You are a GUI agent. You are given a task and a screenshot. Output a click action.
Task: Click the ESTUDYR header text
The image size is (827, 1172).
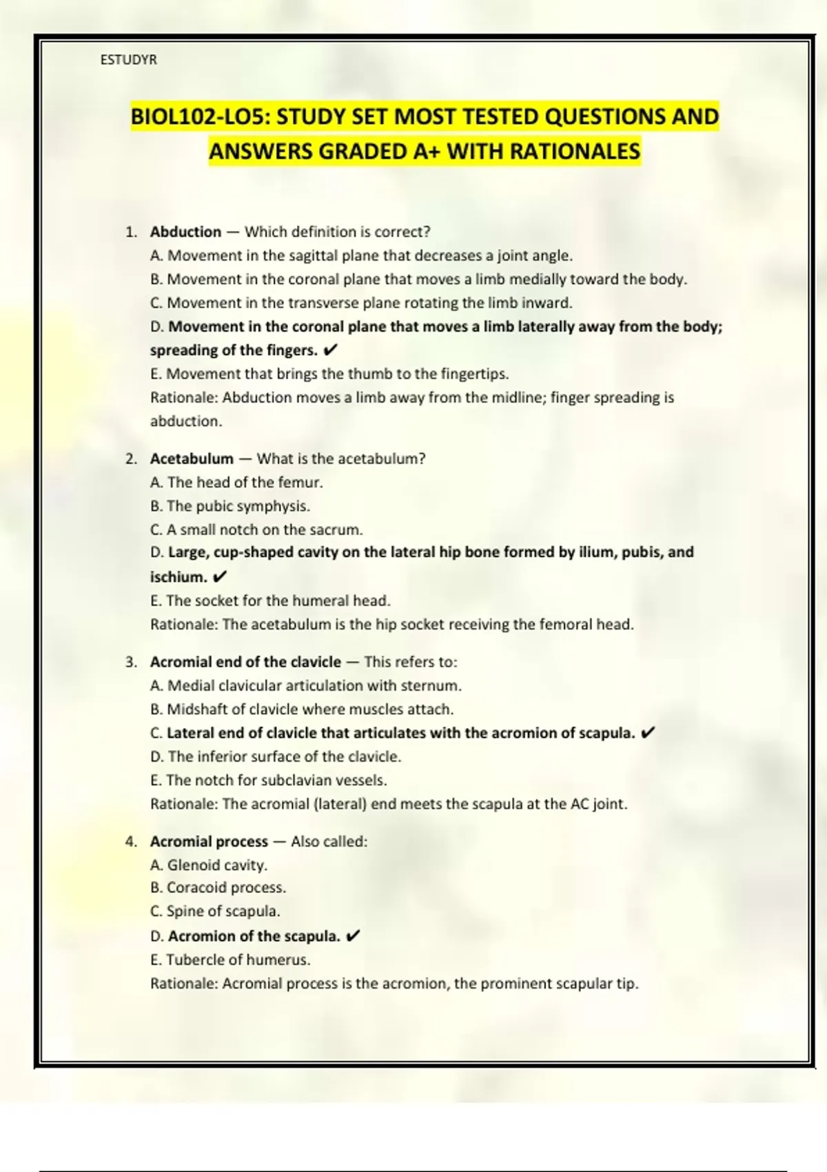click(129, 60)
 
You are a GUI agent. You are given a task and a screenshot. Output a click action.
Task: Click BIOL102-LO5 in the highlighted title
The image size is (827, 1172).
click(200, 117)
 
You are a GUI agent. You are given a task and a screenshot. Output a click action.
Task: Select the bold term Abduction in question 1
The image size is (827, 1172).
click(185, 232)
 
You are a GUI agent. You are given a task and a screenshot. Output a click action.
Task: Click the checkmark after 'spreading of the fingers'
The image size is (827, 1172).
click(330, 351)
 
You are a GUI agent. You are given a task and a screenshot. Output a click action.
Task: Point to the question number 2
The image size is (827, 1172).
click(131, 459)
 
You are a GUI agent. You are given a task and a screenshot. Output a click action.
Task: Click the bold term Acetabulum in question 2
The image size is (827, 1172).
click(192, 459)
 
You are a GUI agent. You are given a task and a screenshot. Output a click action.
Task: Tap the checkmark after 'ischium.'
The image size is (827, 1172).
click(220, 577)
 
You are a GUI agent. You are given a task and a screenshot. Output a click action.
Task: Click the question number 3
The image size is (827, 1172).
click(131, 663)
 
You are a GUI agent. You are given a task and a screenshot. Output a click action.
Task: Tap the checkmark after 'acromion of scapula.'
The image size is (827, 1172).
click(647, 733)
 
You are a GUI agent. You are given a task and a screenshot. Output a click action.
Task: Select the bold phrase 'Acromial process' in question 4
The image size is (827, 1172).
click(209, 842)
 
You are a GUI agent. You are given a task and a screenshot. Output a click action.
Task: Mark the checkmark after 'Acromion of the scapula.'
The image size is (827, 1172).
click(352, 936)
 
